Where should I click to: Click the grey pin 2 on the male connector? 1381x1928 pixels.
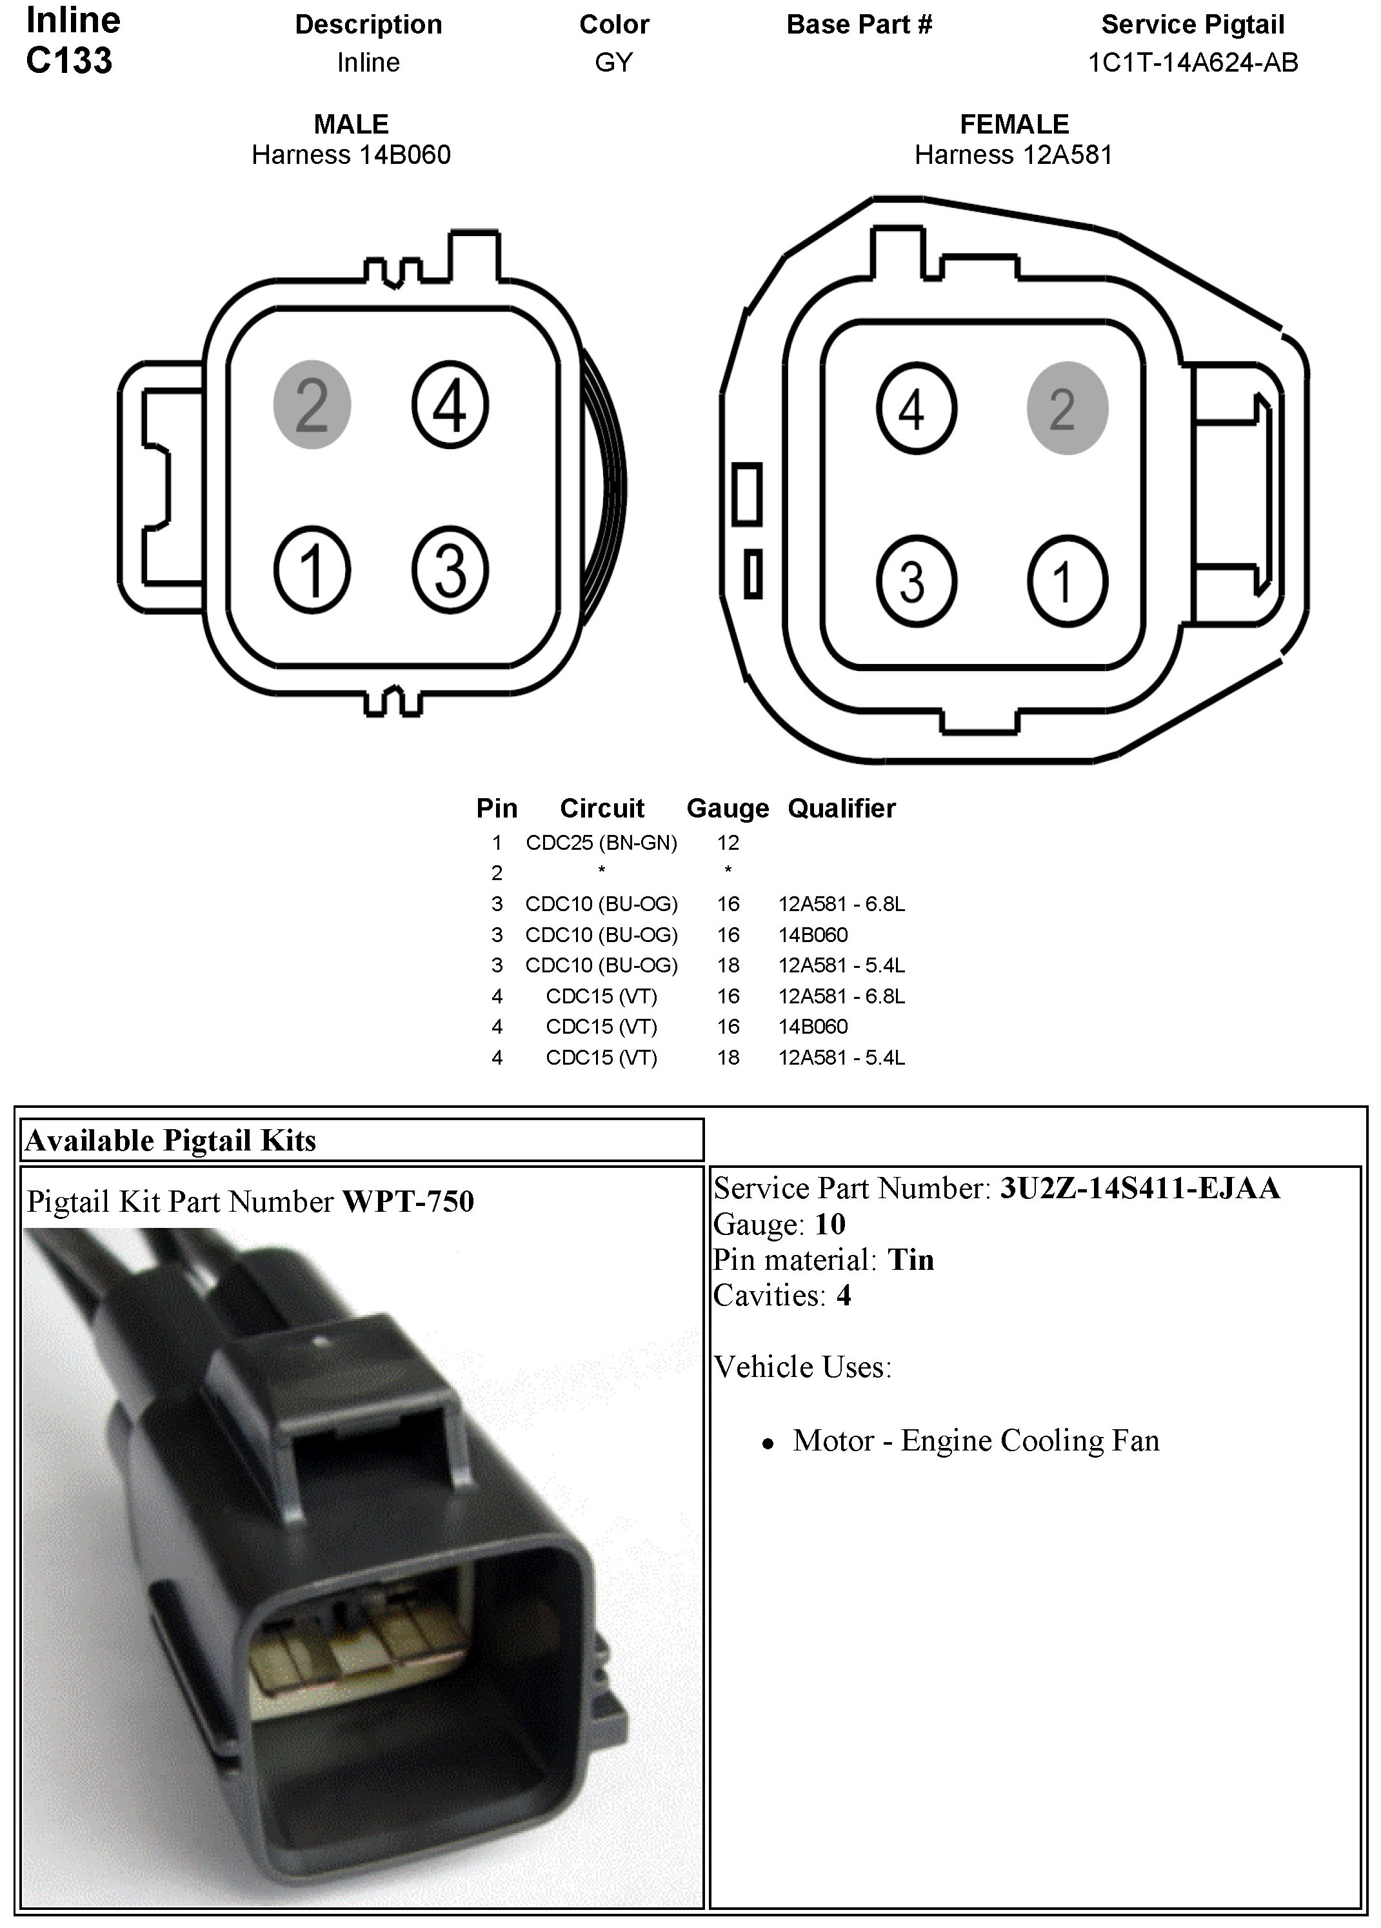(x=312, y=405)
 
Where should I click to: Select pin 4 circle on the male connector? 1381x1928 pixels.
(x=450, y=405)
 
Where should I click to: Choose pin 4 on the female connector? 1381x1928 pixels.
(x=916, y=409)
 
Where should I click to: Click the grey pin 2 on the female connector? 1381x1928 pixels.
(x=1067, y=409)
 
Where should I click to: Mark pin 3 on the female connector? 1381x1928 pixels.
(x=916, y=581)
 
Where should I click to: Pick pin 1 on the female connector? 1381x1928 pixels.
(x=1067, y=581)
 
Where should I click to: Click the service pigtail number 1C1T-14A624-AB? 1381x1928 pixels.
(x=1193, y=63)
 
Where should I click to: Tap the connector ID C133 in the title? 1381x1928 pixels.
(x=69, y=61)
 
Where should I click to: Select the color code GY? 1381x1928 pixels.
(x=613, y=63)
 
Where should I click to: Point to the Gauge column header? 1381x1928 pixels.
(x=728, y=808)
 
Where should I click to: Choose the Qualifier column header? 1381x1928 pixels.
(x=841, y=808)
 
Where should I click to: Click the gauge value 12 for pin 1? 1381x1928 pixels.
(x=728, y=843)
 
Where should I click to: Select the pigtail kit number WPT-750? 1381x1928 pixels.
(x=408, y=1201)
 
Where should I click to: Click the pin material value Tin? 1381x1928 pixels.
(x=910, y=1260)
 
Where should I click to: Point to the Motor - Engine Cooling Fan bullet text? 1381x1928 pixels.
(x=976, y=1441)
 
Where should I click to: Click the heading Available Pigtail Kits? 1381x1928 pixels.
(x=171, y=1141)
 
